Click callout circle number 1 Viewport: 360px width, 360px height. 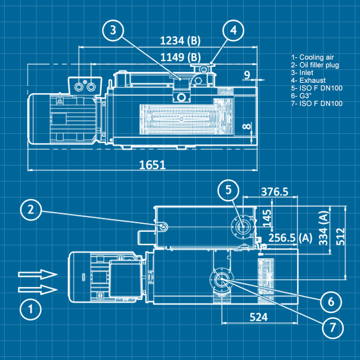[31, 310]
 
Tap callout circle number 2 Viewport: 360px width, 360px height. [31, 209]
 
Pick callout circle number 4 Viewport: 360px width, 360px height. [233, 31]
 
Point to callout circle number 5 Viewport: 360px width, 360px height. [228, 190]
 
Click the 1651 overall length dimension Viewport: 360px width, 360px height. [152, 165]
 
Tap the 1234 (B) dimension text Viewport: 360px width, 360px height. [180, 41]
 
